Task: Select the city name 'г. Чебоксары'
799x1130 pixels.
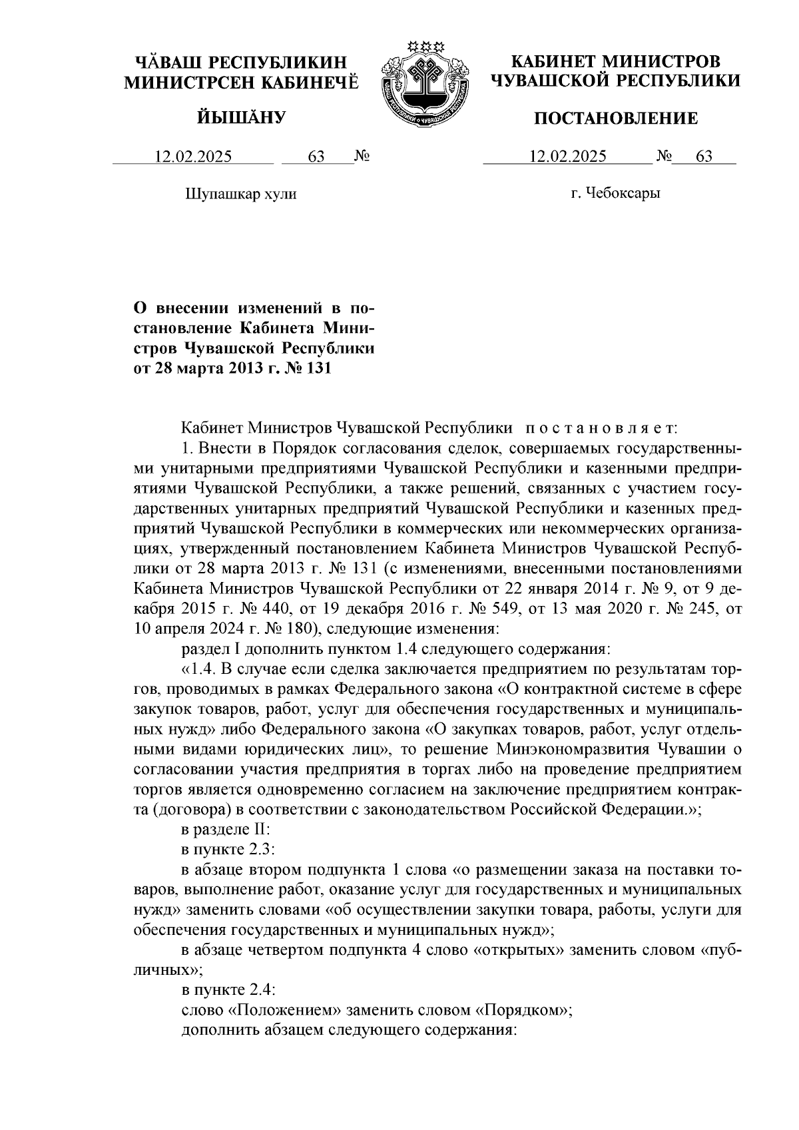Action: [615, 194]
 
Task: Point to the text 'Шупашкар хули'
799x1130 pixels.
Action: [239, 194]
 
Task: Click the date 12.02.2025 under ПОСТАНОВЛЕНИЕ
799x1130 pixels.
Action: [567, 157]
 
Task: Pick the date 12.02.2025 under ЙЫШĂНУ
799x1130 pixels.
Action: [193, 157]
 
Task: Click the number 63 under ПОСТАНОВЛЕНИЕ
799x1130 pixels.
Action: [704, 157]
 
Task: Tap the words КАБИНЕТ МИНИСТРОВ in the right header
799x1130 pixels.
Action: [615, 63]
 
